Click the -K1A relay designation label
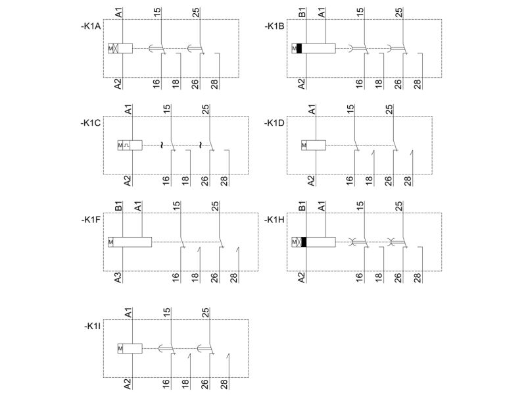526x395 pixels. [91, 26]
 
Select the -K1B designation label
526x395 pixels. [274, 26]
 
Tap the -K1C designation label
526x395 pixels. [91, 123]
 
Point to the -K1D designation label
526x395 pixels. [274, 123]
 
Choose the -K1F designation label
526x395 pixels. [91, 220]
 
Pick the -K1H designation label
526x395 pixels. [274, 220]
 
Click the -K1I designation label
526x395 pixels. [92, 327]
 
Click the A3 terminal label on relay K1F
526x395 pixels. [118, 277]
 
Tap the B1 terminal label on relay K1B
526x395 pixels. [302, 13]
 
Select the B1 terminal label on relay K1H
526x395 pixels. [302, 206]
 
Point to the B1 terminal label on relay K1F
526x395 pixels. [118, 206]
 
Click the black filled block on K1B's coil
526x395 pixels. [299, 48]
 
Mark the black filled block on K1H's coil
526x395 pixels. [304, 242]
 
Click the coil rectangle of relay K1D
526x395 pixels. [316, 145]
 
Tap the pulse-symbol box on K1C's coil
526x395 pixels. [126, 145]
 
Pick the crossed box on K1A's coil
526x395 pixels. [116, 48]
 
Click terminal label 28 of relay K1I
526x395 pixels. [224, 383]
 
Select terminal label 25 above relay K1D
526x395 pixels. [389, 109]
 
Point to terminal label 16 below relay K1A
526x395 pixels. [156, 84]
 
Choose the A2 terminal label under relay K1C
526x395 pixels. [128, 180]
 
